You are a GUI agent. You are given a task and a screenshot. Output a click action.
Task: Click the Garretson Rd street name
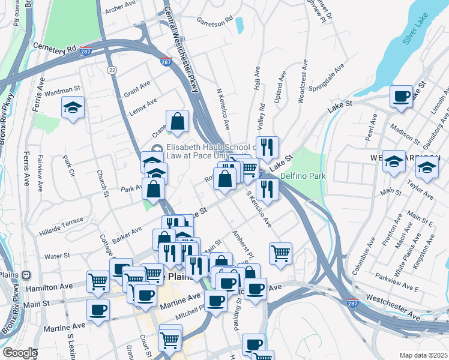(214, 21)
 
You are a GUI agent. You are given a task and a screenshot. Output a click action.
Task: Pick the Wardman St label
(62, 91)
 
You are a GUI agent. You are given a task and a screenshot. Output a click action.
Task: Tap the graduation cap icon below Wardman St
(73, 108)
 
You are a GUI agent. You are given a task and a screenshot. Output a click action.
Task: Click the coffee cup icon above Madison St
(401, 96)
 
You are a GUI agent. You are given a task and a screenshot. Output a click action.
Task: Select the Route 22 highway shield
(112, 70)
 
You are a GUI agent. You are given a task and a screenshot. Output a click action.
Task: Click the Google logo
(19, 353)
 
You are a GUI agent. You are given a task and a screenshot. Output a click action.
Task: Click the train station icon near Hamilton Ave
(26, 275)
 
